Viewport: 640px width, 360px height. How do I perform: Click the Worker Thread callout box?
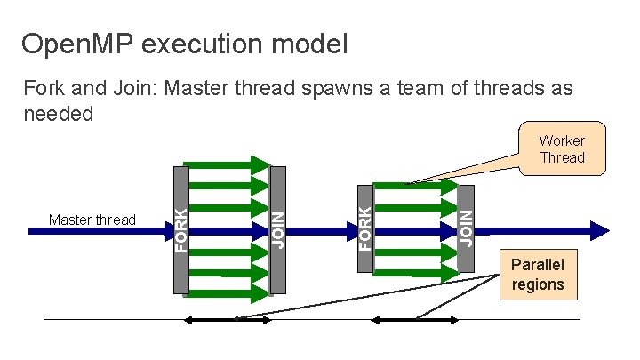point(562,148)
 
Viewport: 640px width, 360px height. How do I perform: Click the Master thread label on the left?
point(92,220)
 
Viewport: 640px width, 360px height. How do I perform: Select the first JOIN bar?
point(277,229)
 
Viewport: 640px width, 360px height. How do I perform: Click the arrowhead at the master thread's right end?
point(602,229)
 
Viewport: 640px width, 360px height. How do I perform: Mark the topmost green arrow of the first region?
point(227,164)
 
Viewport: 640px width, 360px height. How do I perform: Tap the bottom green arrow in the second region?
point(414,270)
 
